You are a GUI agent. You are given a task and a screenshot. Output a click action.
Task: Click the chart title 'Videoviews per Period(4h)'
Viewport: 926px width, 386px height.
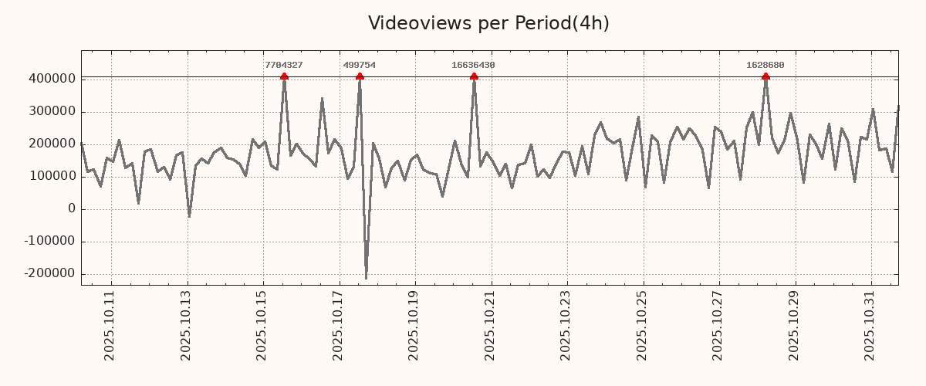pyautogui.click(x=488, y=23)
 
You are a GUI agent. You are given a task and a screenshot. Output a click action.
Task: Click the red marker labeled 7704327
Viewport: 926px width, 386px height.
pyautogui.click(x=284, y=76)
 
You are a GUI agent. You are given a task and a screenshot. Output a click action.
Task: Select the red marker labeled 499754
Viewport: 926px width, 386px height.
pyautogui.click(x=360, y=76)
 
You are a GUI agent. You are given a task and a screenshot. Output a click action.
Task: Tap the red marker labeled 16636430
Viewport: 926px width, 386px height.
pyautogui.click(x=474, y=76)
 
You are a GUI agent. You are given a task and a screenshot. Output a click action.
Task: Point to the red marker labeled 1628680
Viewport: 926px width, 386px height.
pyautogui.click(x=765, y=76)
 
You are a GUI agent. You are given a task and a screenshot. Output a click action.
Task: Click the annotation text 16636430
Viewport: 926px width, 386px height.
pyautogui.click(x=473, y=66)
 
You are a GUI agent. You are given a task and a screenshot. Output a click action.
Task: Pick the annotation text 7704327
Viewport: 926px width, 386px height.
pyautogui.click(x=283, y=66)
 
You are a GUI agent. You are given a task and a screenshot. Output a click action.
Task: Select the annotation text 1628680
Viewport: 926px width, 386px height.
pyautogui.click(x=765, y=66)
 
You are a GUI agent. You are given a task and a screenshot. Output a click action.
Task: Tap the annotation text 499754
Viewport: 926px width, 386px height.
pyautogui.click(x=359, y=66)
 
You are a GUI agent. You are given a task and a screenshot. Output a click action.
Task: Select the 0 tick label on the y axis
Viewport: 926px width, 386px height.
pyautogui.click(x=72, y=209)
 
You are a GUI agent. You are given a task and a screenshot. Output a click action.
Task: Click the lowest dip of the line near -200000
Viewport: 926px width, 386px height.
pyautogui.click(x=366, y=278)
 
